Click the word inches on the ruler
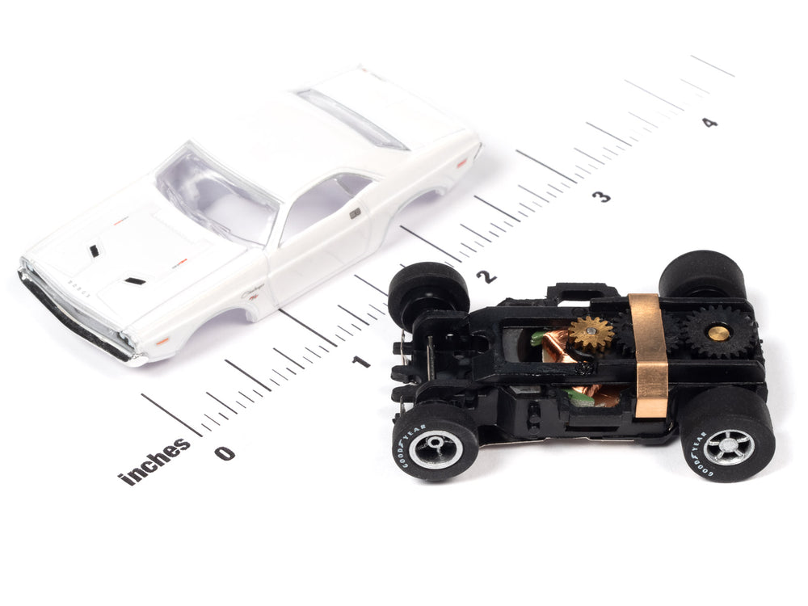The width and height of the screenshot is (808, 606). tap(155, 463)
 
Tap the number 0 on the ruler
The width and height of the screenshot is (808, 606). tap(224, 452)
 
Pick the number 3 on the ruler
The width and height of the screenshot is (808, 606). tap(601, 196)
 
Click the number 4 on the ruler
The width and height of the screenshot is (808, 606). tap(709, 123)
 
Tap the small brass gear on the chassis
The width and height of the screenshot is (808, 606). tap(591, 333)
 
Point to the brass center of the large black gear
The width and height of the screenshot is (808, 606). tap(718, 331)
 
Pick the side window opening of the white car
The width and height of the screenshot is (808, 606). tap(323, 207)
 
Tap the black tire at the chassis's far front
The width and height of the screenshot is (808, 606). tap(428, 294)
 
